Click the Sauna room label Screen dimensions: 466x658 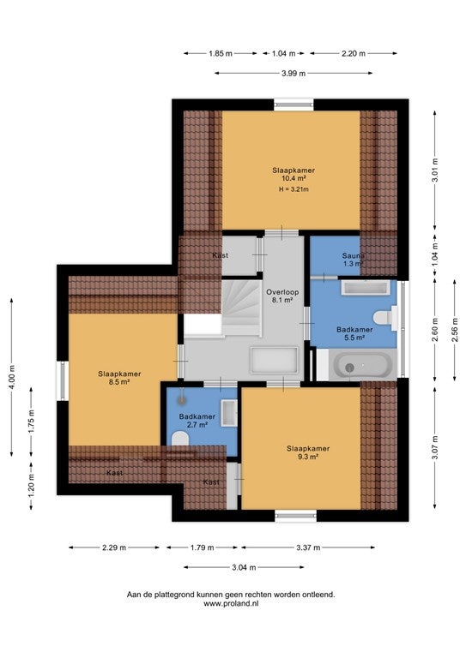click(353, 255)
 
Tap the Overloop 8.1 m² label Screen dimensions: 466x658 click(282, 296)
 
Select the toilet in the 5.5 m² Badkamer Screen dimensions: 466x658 click(385, 317)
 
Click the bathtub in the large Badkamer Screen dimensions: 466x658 click(363, 365)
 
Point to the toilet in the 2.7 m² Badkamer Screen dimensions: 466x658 click(180, 439)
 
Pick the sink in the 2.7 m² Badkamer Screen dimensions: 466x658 click(229, 413)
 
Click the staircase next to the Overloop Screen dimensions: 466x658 click(242, 308)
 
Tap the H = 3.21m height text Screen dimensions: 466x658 click(294, 189)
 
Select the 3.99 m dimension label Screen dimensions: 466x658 click(294, 74)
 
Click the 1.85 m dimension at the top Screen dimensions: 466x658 click(221, 53)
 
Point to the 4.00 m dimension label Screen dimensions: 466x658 click(12, 377)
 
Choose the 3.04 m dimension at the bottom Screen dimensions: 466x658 click(244, 568)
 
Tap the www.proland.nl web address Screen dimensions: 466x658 click(231, 604)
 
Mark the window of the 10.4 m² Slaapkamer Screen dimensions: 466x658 click(294, 105)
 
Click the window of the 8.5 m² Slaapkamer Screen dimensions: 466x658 click(63, 380)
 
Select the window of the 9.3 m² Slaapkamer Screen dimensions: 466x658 click(296, 516)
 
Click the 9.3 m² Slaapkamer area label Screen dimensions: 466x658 click(308, 452)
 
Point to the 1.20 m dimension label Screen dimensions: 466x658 click(31, 487)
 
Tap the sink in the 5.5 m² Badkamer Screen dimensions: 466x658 click(366, 288)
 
